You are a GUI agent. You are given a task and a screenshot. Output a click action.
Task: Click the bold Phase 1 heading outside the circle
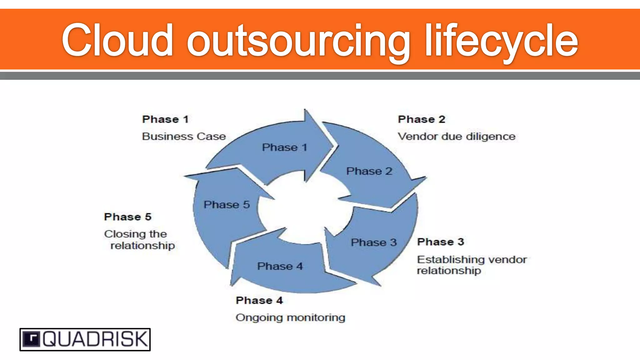165,119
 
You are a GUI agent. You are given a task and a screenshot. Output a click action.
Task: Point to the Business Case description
184,136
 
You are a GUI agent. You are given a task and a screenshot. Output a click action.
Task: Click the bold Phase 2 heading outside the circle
422,119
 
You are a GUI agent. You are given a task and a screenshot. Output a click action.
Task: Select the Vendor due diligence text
457,136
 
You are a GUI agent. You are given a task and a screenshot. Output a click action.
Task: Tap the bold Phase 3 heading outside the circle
441,242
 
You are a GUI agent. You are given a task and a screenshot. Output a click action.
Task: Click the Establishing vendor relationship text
472,265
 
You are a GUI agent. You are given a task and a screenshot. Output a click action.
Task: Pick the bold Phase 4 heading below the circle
259,300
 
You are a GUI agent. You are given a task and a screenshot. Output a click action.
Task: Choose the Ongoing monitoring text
290,317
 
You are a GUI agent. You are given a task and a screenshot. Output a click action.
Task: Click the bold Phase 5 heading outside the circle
128,217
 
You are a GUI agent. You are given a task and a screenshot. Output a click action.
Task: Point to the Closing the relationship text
139,239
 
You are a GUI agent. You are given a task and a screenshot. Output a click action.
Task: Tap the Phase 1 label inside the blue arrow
285,147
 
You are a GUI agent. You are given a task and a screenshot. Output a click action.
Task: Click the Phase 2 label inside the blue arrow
369,171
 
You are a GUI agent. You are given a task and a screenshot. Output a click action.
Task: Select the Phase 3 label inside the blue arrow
374,242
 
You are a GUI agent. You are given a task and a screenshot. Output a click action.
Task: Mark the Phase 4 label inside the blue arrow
280,266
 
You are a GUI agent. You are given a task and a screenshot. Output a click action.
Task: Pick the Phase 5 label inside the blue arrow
227,204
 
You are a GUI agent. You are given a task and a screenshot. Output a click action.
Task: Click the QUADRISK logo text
95,339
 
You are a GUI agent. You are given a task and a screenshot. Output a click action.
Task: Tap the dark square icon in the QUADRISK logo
32,339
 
